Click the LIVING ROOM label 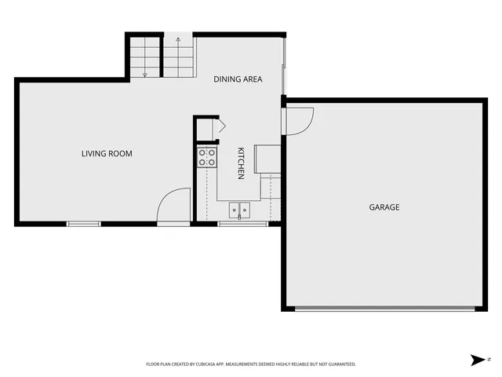pyautogui.click(x=107, y=153)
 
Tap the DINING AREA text pyautogui.click(x=238, y=79)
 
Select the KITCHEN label pyautogui.click(x=242, y=163)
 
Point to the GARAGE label pyautogui.click(x=384, y=207)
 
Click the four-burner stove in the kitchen pyautogui.click(x=207, y=157)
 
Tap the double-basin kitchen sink pyautogui.click(x=239, y=210)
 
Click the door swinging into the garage pyautogui.click(x=300, y=119)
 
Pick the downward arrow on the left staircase pyautogui.click(x=145, y=74)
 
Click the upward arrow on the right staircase pyautogui.click(x=179, y=39)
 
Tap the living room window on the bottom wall pyautogui.click(x=84, y=224)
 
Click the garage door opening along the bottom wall pyautogui.click(x=384, y=308)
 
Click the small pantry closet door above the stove pyautogui.click(x=220, y=126)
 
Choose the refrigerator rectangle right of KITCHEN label pyautogui.click(x=267, y=158)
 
